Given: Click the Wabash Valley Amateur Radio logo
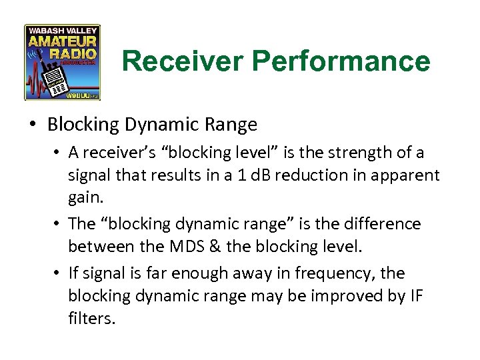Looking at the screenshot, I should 62,62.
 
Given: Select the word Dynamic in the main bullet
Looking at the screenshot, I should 169,125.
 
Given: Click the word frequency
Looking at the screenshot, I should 349,273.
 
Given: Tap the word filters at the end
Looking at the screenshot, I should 91,319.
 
